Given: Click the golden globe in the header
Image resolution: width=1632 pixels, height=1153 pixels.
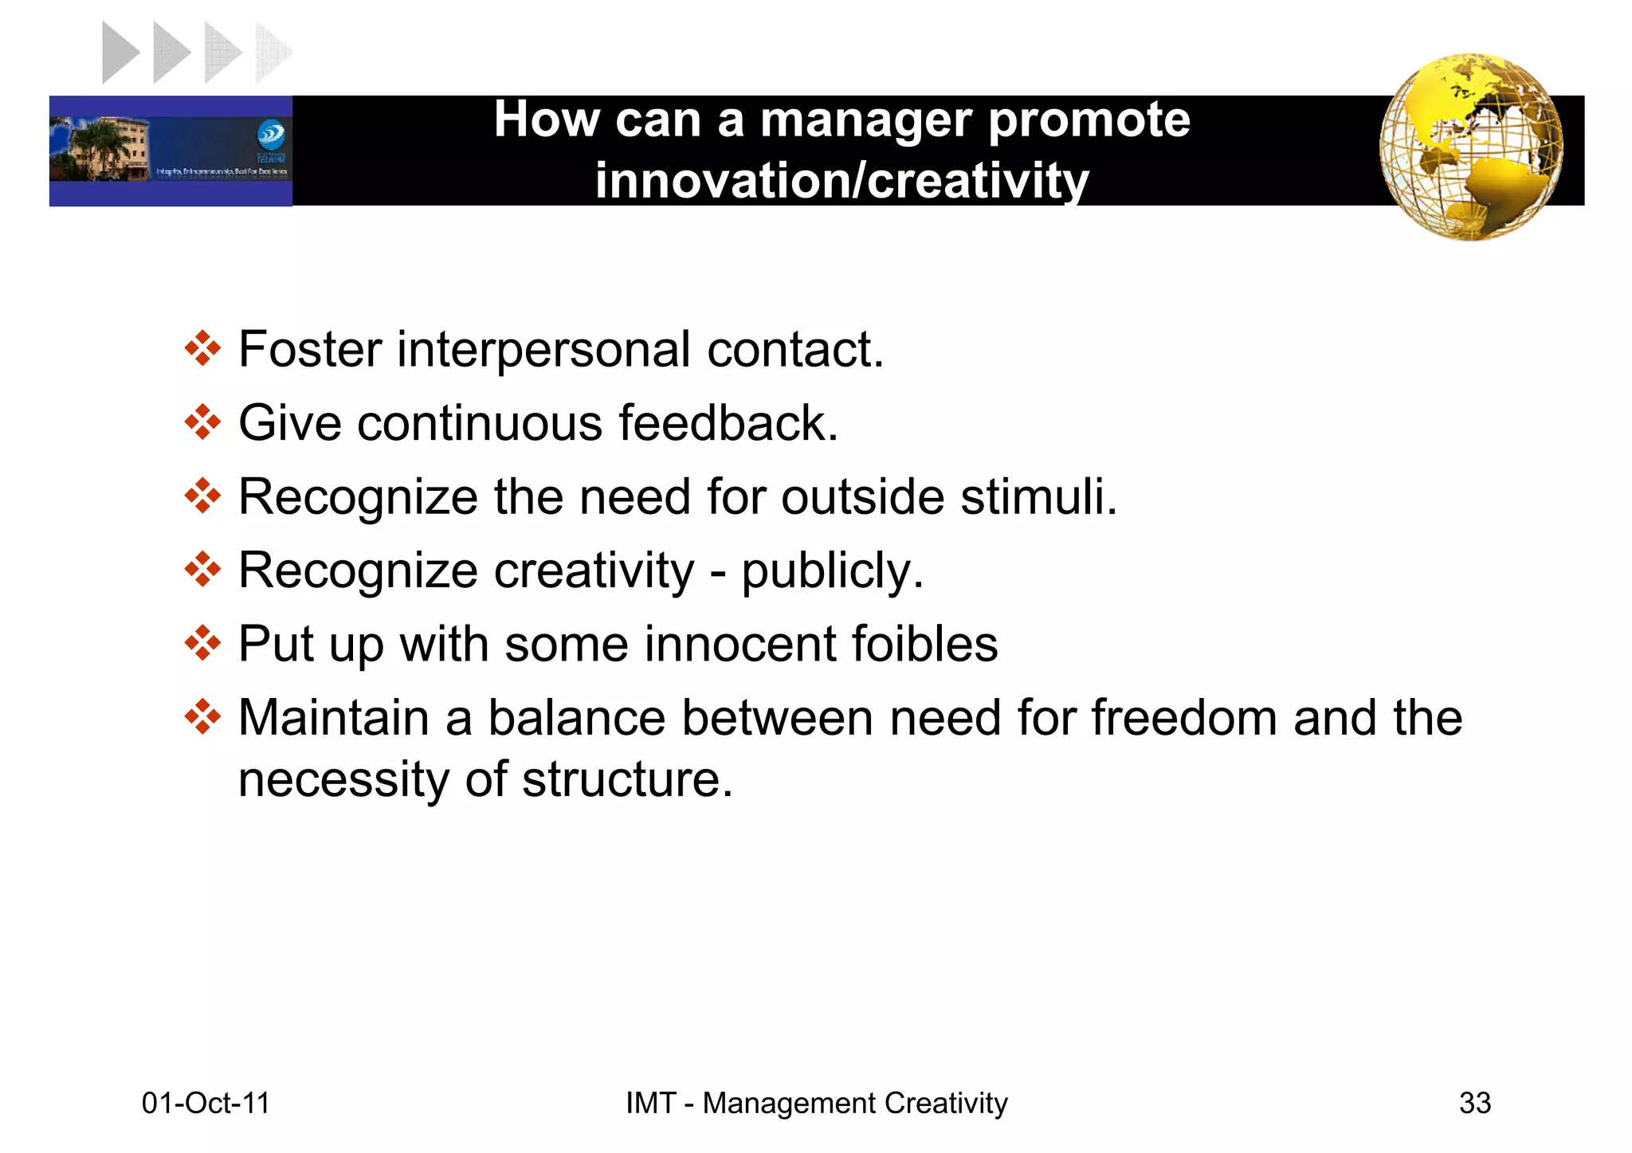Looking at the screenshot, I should (1471, 147).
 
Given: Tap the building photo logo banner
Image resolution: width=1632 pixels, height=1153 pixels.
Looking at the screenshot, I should (171, 151).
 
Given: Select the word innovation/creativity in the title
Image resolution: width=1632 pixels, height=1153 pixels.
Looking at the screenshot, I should (841, 181).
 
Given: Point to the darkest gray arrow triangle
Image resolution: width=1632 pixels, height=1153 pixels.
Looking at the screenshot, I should (120, 53).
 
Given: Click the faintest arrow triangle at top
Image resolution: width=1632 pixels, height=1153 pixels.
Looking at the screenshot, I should (273, 53).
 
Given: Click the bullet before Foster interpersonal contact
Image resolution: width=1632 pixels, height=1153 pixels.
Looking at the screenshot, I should (202, 349).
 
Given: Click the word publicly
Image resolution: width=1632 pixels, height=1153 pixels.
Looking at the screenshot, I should (832, 571).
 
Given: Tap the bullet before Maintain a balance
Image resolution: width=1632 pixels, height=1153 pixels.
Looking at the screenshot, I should (202, 717).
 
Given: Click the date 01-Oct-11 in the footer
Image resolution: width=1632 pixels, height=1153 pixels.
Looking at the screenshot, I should (206, 1103).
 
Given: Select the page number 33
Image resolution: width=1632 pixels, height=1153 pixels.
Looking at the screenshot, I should (1474, 1103).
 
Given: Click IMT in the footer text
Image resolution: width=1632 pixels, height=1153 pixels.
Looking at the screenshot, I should (649, 1103).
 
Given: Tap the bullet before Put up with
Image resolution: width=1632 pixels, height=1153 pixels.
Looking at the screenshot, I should (202, 643).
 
